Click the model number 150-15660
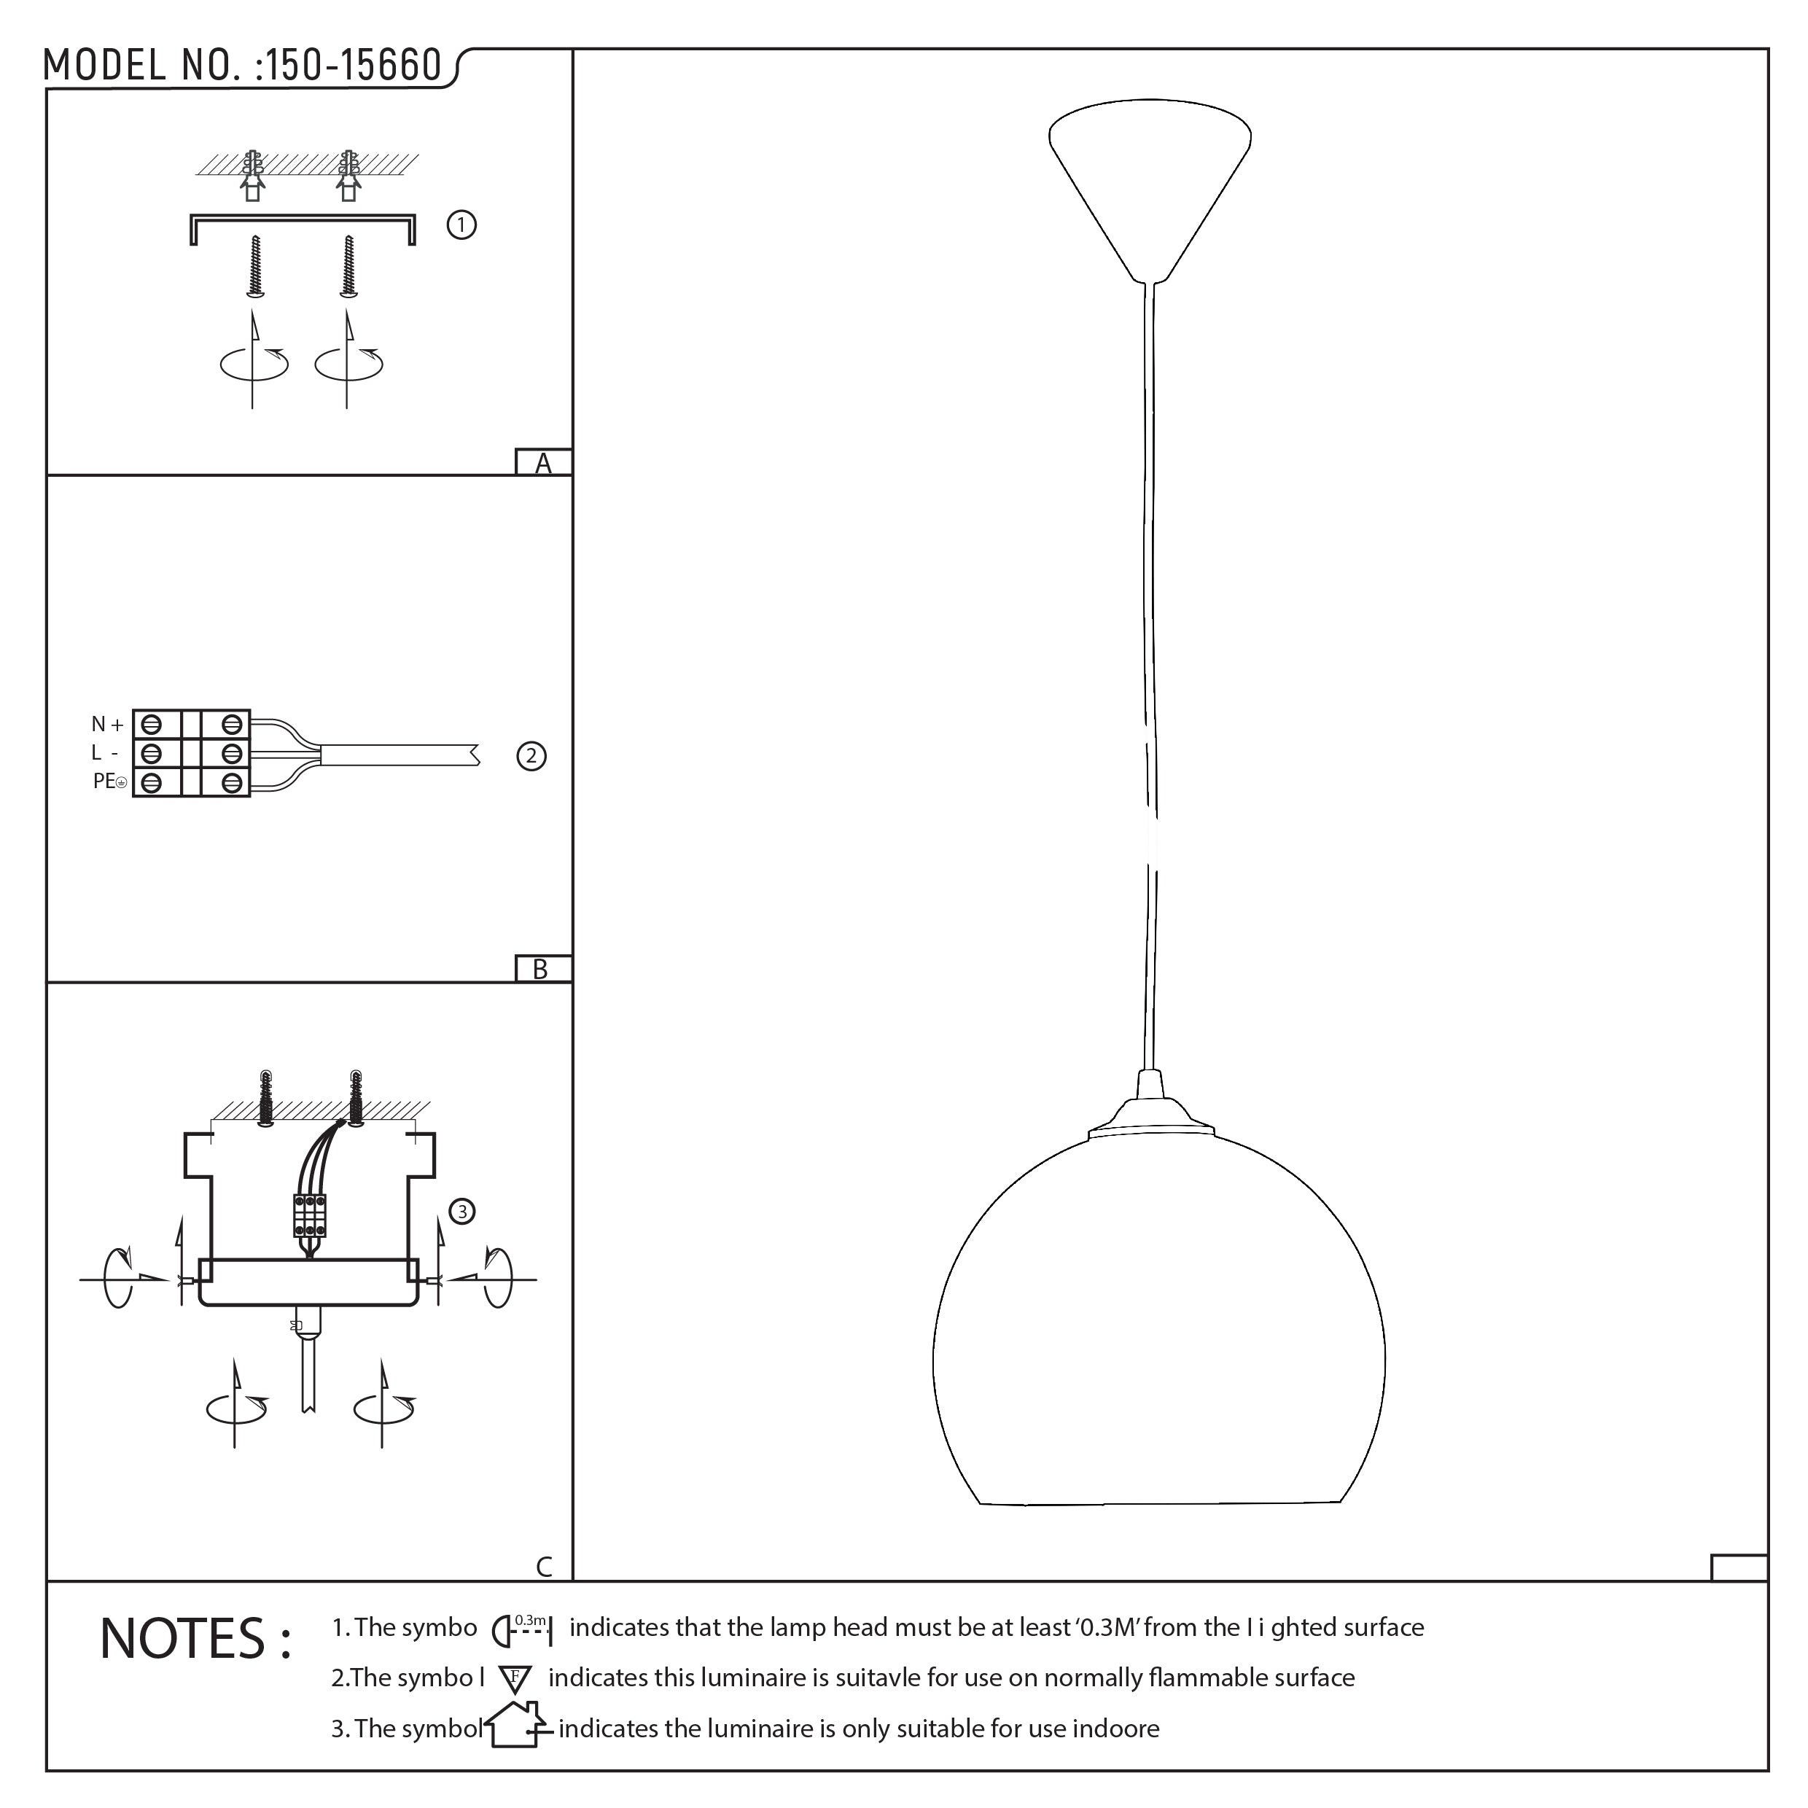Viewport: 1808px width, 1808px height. click(354, 66)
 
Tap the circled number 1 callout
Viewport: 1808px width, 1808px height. click(461, 225)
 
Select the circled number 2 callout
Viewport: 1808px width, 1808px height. click(531, 755)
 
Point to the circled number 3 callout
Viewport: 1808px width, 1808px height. click(461, 1212)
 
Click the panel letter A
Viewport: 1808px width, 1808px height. click(543, 463)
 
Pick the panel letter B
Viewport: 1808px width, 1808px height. click(540, 970)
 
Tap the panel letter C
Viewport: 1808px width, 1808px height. click(544, 1567)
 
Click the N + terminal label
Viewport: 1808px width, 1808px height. click(108, 723)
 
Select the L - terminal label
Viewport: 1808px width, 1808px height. click(104, 753)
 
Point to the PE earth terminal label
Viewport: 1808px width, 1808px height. click(109, 782)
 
